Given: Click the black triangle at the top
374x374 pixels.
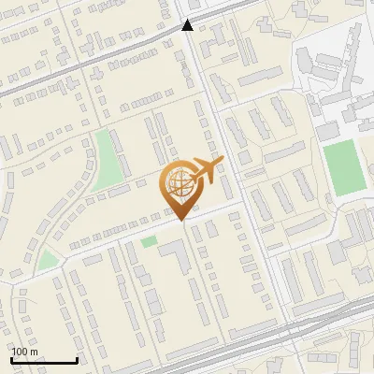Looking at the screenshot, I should tap(188, 25).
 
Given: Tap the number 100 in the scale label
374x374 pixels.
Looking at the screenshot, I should tap(21, 352).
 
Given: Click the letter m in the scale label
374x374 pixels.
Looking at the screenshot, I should tap(34, 352).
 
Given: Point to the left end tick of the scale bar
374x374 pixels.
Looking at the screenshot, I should tap(11, 359).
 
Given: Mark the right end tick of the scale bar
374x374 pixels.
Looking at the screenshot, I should tap(77, 359).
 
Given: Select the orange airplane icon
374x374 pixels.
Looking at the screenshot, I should tap(206, 170).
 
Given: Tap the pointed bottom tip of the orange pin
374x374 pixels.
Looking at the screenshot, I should tap(178, 220).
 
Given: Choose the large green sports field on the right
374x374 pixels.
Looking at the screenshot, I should tap(344, 168).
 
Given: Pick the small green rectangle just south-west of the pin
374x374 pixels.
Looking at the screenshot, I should tap(150, 242).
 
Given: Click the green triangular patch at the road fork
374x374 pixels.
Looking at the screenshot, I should tap(49, 259).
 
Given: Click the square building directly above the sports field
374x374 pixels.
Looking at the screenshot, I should tap(328, 132).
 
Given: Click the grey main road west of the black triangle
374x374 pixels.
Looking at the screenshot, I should tap(93, 58).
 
